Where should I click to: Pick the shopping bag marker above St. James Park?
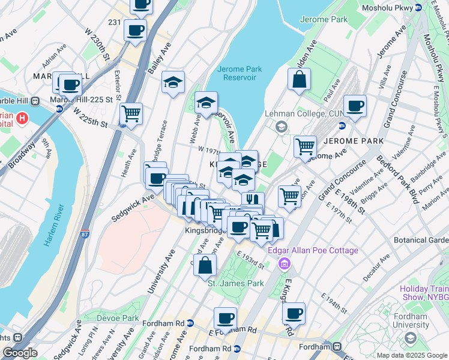point(205,265)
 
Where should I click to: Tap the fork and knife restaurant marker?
point(253,201)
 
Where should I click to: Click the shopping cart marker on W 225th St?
point(131,113)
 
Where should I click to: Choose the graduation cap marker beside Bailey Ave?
point(173,83)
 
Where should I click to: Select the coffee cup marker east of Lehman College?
point(355,106)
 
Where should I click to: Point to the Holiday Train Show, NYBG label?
point(424,292)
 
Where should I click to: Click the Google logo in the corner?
point(20,353)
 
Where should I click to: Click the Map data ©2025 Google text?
point(412,355)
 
